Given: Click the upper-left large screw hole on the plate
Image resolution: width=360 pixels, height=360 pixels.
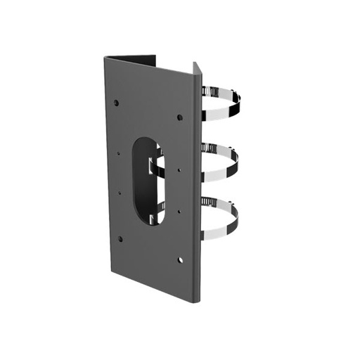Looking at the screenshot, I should click(x=116, y=103).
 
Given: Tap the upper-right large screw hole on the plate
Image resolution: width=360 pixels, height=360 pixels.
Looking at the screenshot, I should click(x=180, y=117).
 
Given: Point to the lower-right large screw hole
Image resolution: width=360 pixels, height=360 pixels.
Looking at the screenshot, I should click(x=181, y=260).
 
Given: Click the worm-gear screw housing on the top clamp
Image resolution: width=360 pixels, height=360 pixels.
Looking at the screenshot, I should click(x=208, y=91).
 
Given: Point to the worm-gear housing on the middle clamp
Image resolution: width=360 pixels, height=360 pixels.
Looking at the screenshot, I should click(x=208, y=148).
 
